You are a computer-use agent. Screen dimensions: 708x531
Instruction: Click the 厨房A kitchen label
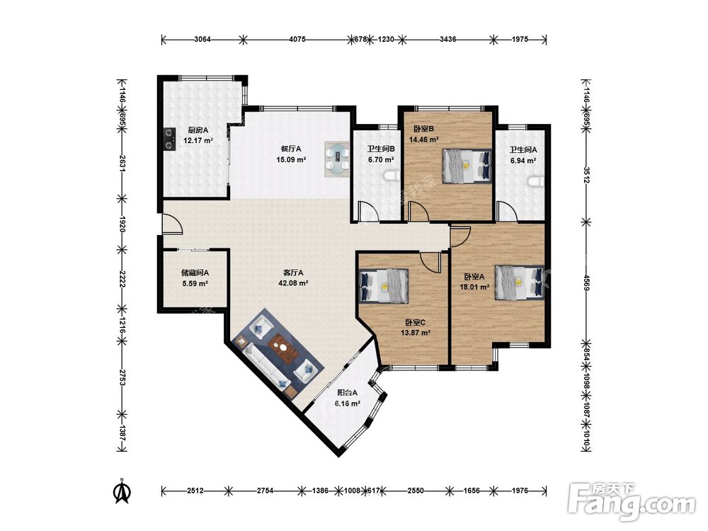(198, 130)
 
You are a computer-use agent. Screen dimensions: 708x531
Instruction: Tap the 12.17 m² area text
(198, 140)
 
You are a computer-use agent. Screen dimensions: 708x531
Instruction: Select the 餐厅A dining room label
(291, 149)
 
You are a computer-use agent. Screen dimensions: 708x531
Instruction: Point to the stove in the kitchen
(169, 139)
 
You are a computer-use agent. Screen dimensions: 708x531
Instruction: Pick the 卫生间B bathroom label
(381, 149)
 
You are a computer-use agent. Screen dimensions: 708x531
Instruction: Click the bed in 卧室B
(467, 166)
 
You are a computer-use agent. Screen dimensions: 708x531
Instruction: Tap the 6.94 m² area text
(523, 160)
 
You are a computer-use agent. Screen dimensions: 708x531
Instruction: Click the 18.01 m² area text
(474, 287)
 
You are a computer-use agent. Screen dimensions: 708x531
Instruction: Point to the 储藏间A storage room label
(195, 273)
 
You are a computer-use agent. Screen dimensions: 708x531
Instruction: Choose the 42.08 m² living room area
(293, 283)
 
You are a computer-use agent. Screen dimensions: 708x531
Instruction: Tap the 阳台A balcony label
(347, 393)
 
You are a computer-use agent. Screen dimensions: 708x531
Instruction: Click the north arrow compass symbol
(122, 491)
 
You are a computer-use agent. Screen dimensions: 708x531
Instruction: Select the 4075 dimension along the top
(297, 39)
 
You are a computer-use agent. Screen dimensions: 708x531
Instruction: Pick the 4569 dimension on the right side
(586, 283)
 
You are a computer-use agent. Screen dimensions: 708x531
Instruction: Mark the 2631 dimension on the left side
(122, 164)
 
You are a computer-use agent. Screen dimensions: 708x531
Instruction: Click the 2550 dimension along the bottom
(416, 491)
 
